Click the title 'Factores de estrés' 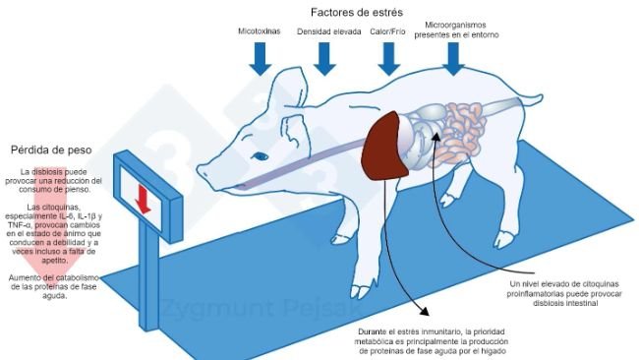pyautogui.click(x=353, y=12)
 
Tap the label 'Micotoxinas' pyautogui.click(x=259, y=31)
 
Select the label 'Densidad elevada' pyautogui.click(x=327, y=31)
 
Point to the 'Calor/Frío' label pyautogui.click(x=389, y=31)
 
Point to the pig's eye pyautogui.click(x=261, y=155)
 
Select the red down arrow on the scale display pyautogui.click(x=143, y=198)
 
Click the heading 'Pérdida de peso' pyautogui.click(x=51, y=150)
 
